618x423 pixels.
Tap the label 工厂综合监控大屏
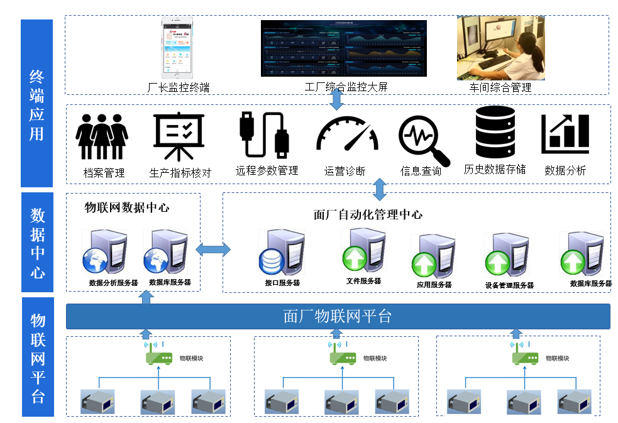pos(346,87)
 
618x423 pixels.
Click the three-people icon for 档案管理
pos(102,136)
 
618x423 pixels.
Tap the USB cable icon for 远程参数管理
pos(263,135)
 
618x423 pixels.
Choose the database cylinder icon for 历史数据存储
pos(495,132)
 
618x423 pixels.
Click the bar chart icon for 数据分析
pos(565,134)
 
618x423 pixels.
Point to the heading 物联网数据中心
pos(127,207)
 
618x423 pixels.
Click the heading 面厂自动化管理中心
pos(368,215)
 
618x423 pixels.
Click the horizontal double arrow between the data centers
pos(212,250)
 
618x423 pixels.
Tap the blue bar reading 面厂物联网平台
pos(338,316)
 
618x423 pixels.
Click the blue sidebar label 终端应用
pos(37,104)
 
